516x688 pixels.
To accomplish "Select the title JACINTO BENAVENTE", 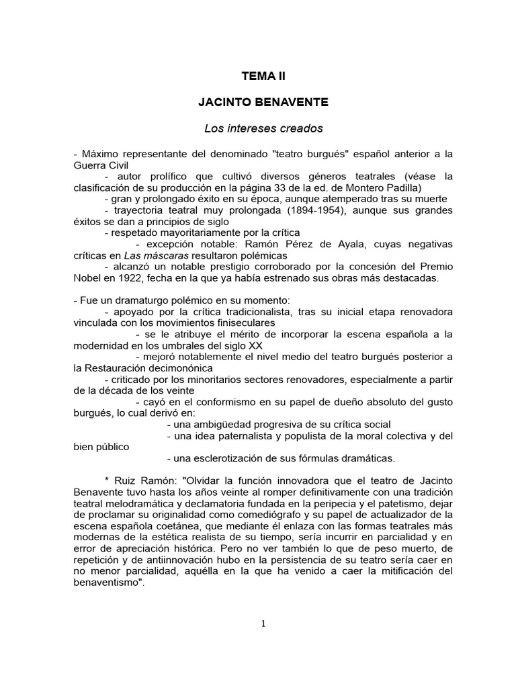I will pos(263,103).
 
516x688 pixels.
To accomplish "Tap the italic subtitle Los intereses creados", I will pos(263,128).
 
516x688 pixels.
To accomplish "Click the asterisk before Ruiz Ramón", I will pos(106,482).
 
